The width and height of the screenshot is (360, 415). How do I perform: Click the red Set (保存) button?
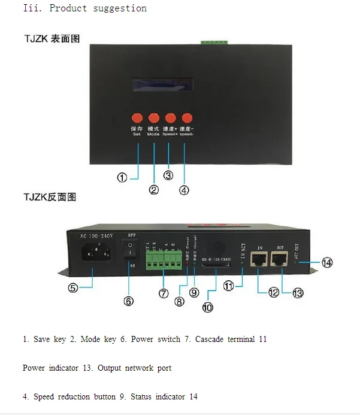click(x=137, y=118)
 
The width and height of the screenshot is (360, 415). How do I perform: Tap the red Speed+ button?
click(x=170, y=118)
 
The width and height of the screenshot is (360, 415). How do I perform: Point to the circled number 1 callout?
click(x=122, y=178)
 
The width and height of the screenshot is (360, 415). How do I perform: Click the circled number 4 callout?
click(x=184, y=190)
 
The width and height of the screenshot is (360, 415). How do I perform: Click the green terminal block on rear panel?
click(x=164, y=259)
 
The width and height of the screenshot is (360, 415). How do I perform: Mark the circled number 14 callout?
click(x=327, y=262)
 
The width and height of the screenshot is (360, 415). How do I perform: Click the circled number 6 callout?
click(x=129, y=301)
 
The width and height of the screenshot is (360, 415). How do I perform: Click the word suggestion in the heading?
click(x=120, y=8)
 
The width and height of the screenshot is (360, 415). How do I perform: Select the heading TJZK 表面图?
click(x=52, y=39)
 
